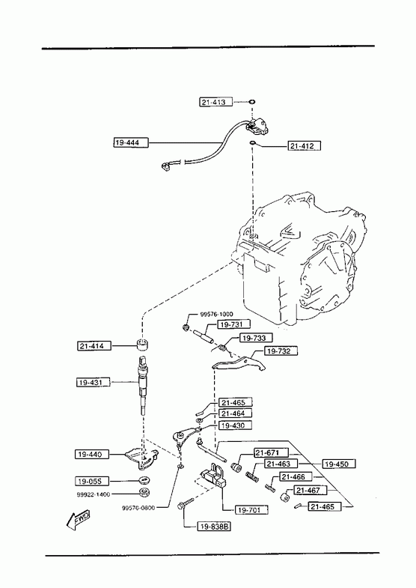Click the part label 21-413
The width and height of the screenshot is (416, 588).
pos(215,102)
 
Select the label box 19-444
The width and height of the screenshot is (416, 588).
pos(131,142)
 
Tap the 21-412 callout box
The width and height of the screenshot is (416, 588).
pos(305,145)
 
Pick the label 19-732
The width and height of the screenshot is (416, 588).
pos(281,351)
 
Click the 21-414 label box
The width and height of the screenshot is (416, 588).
pos(95,346)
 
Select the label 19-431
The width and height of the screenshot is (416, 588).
pos(94,383)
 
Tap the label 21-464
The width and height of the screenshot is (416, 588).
pos(235,413)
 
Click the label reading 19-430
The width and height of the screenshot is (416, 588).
pos(235,425)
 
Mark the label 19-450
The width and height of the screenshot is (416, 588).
pos(339,464)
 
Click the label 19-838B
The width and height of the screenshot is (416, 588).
pos(215,527)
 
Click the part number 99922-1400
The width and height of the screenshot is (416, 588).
pos(94,494)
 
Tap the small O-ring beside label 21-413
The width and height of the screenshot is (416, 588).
pos(252,102)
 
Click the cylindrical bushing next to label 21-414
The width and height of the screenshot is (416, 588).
pos(142,344)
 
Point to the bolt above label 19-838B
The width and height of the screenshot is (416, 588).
pos(185,503)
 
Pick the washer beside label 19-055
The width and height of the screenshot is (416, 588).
pos(143,480)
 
